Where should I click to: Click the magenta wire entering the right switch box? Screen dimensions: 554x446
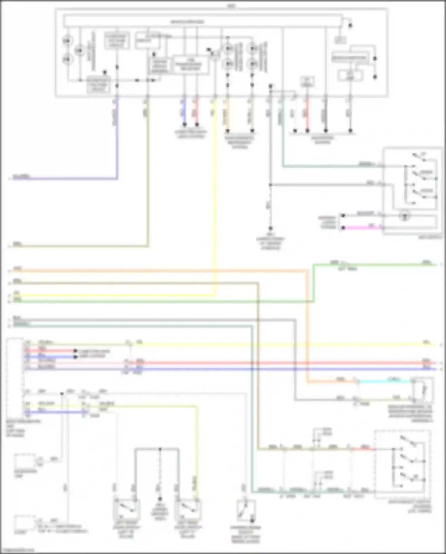[363, 228]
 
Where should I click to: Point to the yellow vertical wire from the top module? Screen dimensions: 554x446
[215, 193]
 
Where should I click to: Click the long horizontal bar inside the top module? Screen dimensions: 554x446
[202, 21]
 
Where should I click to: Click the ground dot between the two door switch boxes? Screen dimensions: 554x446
[160, 499]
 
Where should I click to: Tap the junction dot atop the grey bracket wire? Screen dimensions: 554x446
[160, 449]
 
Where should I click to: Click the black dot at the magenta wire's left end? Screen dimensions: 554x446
[343, 228]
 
